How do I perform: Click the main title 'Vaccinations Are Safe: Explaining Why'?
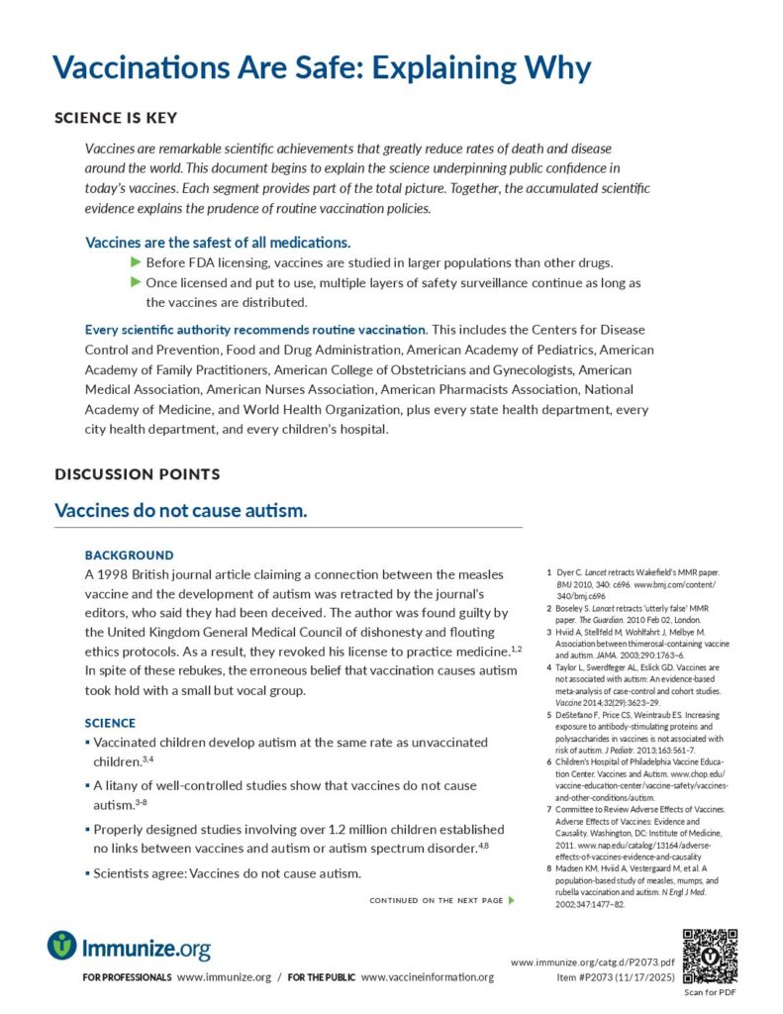pos(322,67)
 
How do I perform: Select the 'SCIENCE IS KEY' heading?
pos(116,118)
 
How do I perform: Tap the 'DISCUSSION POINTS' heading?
pos(137,474)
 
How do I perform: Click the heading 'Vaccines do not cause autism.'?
pos(181,511)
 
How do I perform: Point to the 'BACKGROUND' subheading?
pos(129,556)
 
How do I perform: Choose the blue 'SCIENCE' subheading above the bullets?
pos(110,723)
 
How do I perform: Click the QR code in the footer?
pos(711,957)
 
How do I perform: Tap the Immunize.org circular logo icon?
pos(61,946)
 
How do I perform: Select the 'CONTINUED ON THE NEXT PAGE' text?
pos(437,900)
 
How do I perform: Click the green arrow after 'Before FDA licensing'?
pos(137,262)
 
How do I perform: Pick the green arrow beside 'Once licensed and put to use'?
pos(137,282)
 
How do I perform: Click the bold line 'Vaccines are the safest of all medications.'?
pos(218,242)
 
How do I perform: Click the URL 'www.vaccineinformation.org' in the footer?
pos(427,977)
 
